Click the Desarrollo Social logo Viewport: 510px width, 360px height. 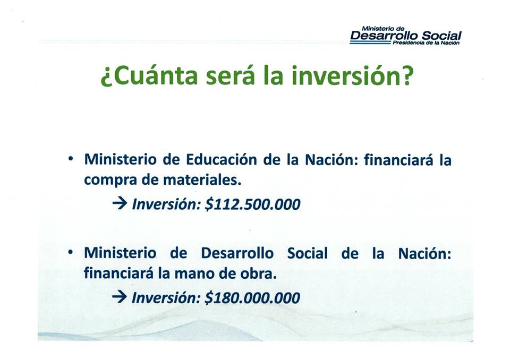(405, 36)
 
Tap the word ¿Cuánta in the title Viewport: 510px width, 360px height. (149, 76)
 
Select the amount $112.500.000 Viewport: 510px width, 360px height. (253, 204)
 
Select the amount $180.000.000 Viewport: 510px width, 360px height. (252, 298)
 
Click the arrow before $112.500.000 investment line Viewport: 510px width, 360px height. (120, 204)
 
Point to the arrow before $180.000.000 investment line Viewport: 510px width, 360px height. (120, 297)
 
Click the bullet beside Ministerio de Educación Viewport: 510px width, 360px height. (71, 159)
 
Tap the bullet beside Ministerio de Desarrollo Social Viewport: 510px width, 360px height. (71, 252)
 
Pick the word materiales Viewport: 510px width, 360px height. (202, 180)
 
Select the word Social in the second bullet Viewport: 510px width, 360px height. (308, 253)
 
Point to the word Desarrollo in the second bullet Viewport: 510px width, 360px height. (237, 253)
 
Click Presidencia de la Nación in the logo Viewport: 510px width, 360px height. (426, 43)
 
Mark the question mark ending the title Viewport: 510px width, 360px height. (407, 75)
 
